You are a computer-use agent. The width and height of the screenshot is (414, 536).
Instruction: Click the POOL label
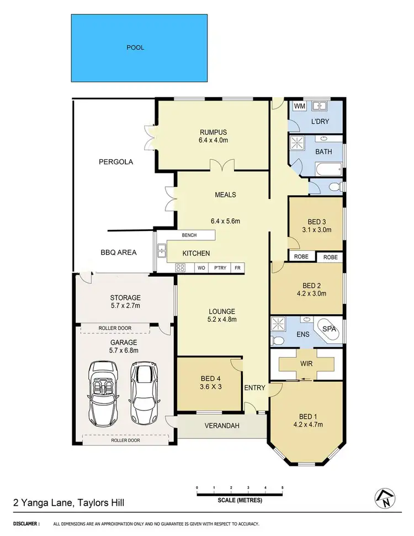[x=135, y=48]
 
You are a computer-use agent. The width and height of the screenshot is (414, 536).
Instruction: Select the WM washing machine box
[x=299, y=106]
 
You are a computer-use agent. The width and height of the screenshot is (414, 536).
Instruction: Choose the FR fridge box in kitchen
[x=238, y=267]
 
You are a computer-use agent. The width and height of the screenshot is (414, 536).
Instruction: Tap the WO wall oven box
[x=201, y=267]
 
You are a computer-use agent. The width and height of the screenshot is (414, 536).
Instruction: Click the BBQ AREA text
[x=119, y=253]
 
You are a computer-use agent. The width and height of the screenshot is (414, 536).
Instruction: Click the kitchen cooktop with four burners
[x=181, y=267]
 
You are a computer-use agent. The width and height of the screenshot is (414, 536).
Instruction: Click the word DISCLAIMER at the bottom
[x=26, y=523]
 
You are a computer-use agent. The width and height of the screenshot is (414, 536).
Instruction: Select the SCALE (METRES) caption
[x=240, y=501]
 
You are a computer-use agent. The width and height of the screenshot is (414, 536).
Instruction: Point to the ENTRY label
[x=255, y=388]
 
